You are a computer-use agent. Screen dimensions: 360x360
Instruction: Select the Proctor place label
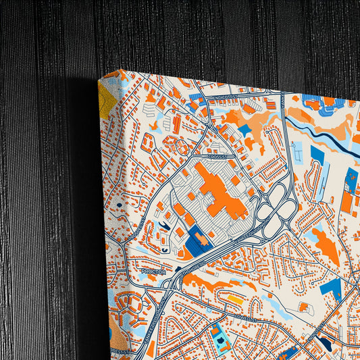tap(153, 272)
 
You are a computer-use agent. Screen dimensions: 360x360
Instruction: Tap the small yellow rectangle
tap(234, 298)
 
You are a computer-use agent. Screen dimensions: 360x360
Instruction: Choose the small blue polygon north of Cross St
tap(244, 129)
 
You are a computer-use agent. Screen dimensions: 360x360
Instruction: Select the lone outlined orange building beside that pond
tap(303, 307)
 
